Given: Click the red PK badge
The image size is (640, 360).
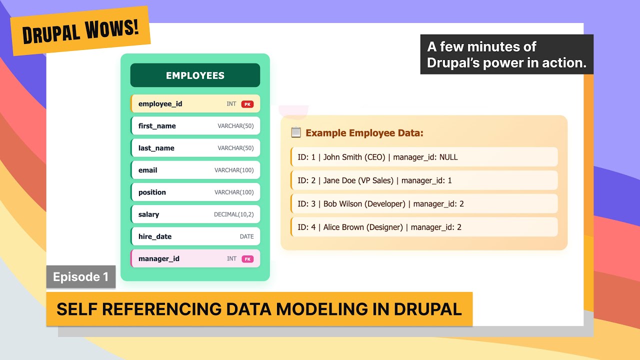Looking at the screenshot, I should (x=247, y=104).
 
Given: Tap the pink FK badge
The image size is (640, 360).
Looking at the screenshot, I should (x=247, y=259).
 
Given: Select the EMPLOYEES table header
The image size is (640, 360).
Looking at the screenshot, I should (x=195, y=75).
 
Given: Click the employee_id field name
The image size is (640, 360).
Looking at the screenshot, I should (x=160, y=104).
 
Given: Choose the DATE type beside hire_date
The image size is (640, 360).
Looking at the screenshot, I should (x=246, y=236).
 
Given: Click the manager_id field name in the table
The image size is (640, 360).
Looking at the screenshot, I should (x=159, y=258).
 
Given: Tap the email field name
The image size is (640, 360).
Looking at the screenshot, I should (x=147, y=170).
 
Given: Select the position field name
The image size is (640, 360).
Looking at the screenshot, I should (x=152, y=192).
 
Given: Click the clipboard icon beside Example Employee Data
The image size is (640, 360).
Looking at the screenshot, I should (x=296, y=132).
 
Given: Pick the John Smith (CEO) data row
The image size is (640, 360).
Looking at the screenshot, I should (x=424, y=157).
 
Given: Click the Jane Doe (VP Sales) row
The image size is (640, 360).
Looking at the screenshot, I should (x=424, y=180).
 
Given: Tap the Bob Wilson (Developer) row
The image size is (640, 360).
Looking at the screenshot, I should (x=424, y=204).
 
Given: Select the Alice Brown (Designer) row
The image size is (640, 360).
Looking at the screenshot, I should (x=424, y=227).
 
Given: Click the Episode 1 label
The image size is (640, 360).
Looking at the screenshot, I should (x=80, y=277).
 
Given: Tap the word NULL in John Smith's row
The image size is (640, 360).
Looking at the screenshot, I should (x=448, y=157).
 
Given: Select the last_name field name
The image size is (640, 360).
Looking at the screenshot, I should (x=156, y=148).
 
